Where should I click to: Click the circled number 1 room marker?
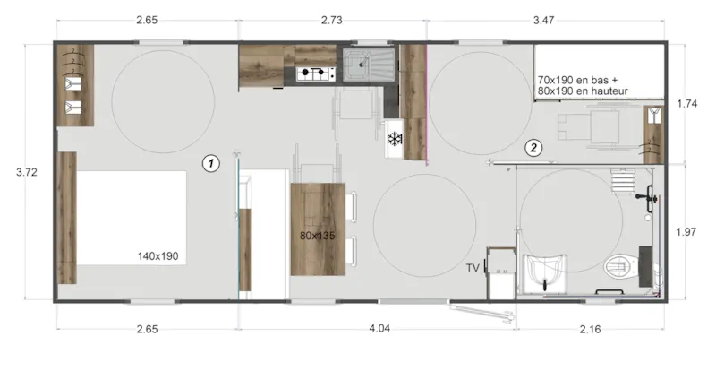210,163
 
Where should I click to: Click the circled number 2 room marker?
533,146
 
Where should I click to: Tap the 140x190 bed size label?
158,256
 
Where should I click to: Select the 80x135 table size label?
319,237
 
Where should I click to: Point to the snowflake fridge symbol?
394,140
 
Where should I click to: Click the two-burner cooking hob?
313,73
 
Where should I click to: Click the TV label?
473,268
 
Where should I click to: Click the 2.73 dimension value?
332,20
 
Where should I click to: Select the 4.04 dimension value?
379,329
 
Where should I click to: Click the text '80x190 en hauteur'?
584,91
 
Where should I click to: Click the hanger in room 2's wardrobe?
655,115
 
